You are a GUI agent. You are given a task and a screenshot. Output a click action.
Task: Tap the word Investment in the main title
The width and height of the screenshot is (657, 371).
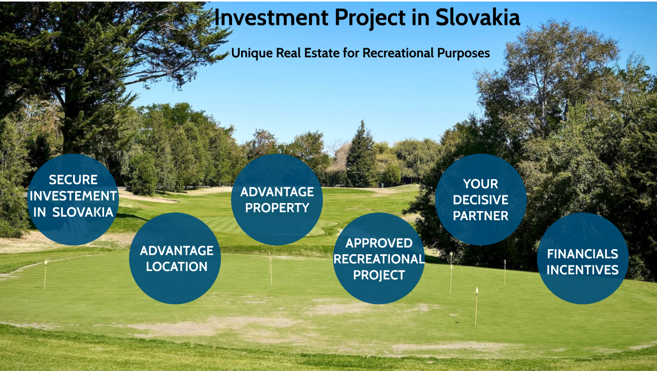pyautogui.click(x=272, y=18)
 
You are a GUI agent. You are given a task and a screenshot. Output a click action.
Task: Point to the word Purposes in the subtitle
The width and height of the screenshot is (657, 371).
pyautogui.click(x=464, y=53)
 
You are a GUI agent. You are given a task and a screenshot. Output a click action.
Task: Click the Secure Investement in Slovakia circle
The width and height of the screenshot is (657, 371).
pyautogui.click(x=73, y=199)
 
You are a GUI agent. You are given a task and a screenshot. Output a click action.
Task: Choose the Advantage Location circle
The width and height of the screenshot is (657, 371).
pyautogui.click(x=175, y=258)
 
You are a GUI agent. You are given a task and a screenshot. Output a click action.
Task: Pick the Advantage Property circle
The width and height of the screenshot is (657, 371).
pyautogui.click(x=277, y=199)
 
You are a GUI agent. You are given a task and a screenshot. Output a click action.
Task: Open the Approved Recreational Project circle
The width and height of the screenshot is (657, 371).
pyautogui.click(x=379, y=258)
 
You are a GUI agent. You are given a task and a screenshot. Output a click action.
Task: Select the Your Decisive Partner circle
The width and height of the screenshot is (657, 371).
pyautogui.click(x=481, y=199)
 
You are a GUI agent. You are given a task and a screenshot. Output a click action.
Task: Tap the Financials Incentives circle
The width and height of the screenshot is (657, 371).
pyautogui.click(x=583, y=258)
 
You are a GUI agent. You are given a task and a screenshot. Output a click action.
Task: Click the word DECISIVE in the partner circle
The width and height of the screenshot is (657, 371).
pyautogui.click(x=480, y=200)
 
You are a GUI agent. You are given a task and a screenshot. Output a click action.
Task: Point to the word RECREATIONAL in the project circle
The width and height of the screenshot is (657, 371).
pyautogui.click(x=379, y=259)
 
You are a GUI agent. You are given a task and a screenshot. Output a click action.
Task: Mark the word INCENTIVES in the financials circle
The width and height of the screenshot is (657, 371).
pyautogui.click(x=582, y=270)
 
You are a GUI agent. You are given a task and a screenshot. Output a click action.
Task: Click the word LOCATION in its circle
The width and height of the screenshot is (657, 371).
pyautogui.click(x=177, y=266)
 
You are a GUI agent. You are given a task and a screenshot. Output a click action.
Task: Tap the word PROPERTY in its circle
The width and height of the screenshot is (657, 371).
pyautogui.click(x=277, y=208)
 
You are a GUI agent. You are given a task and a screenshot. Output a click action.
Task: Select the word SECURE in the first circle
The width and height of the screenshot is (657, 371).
pyautogui.click(x=73, y=180)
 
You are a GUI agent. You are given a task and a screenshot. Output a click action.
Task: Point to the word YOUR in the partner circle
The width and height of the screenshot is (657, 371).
pyautogui.click(x=480, y=184)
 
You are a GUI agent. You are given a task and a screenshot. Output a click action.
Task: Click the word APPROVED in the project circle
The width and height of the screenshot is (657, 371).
pyautogui.click(x=379, y=243)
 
